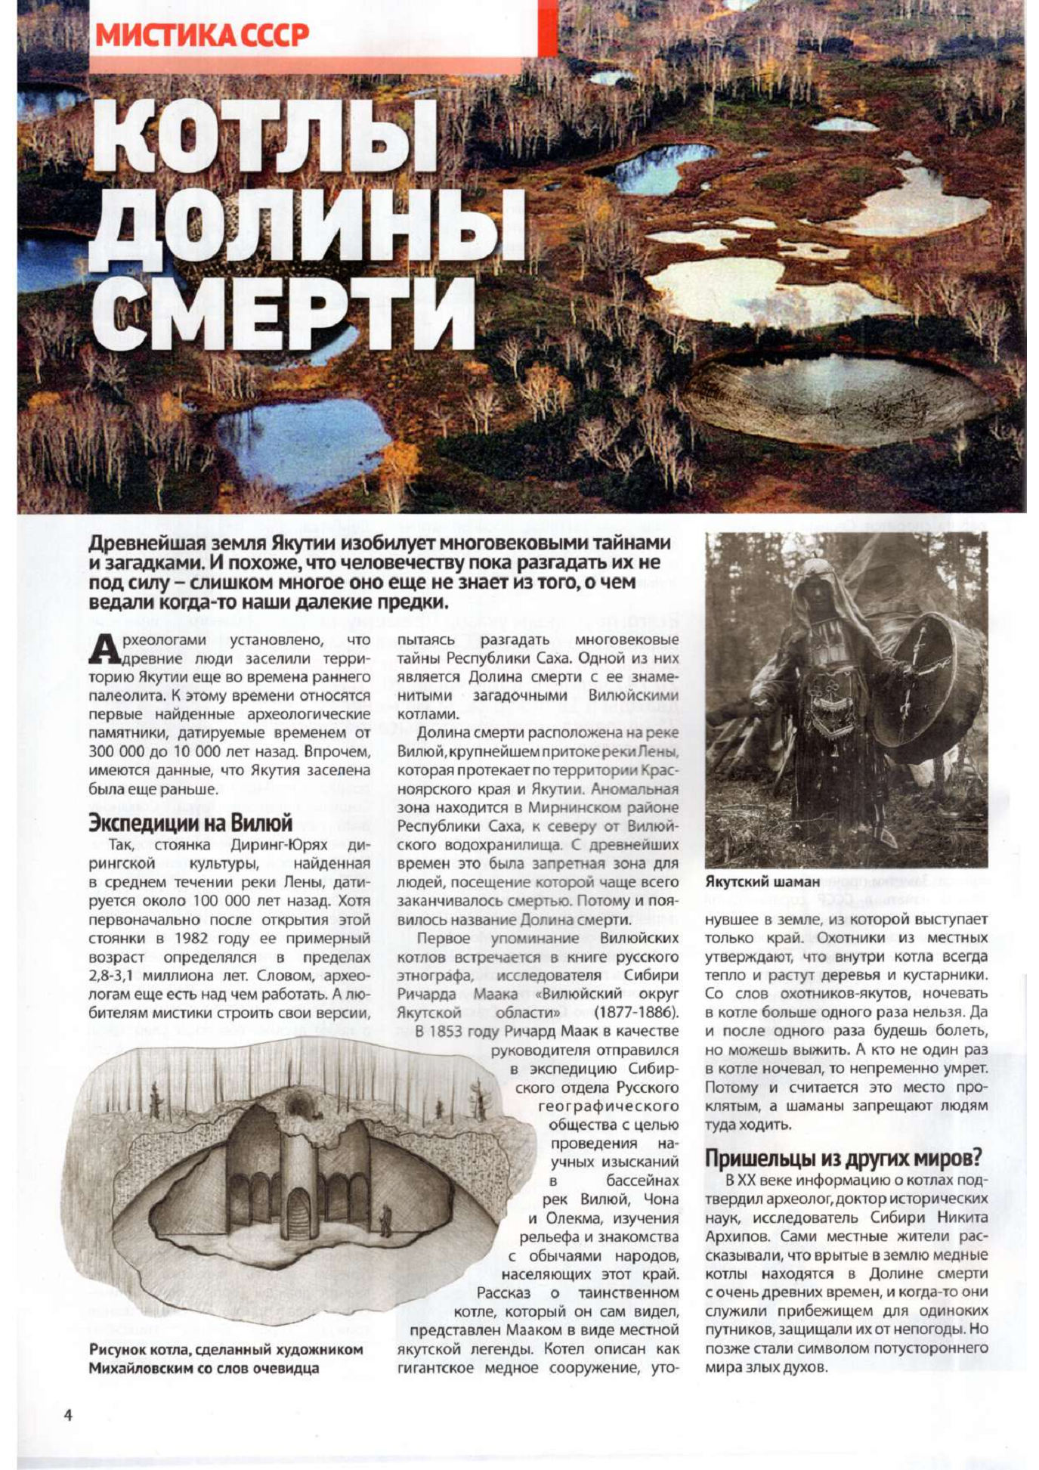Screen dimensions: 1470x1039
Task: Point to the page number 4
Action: (x=68, y=1415)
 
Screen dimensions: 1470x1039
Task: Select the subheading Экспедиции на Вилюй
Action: (x=190, y=822)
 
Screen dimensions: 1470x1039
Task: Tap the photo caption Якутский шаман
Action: (x=762, y=882)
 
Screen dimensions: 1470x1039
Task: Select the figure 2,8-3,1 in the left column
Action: (x=120, y=975)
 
